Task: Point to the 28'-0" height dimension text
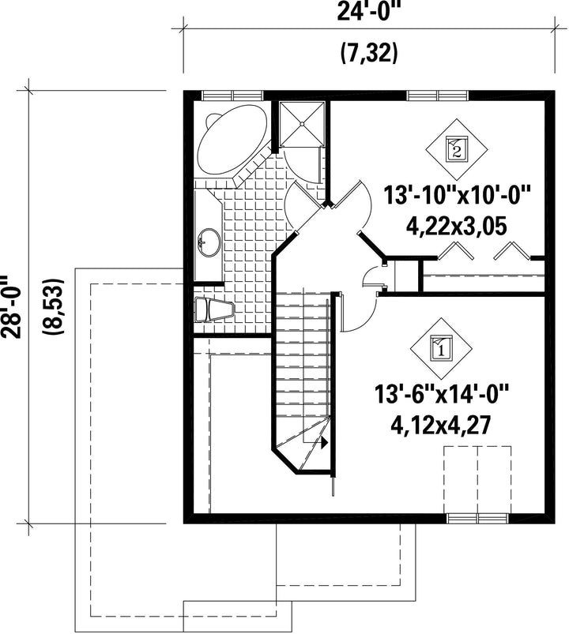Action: point(10,307)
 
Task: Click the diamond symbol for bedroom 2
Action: point(457,149)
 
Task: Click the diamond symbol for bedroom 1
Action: point(441,348)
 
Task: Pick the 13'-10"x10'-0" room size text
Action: point(457,195)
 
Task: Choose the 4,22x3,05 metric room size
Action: point(456,227)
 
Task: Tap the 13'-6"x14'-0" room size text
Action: point(441,394)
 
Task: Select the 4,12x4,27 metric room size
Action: point(441,425)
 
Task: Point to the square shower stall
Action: point(302,124)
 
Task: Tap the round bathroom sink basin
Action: point(209,242)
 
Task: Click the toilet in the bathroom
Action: point(214,309)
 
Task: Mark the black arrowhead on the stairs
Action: point(324,443)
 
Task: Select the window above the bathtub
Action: point(232,96)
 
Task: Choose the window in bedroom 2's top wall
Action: point(438,96)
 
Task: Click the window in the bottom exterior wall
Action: point(477,519)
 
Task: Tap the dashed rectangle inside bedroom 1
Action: point(477,480)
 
